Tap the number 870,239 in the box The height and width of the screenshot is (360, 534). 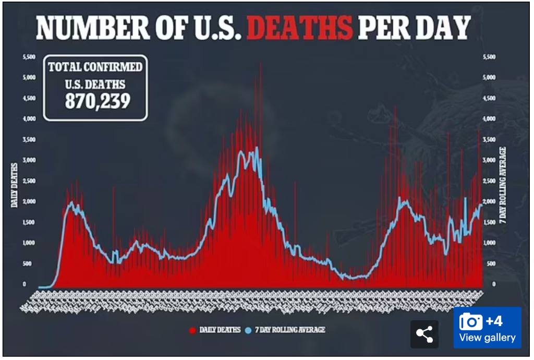[98, 101]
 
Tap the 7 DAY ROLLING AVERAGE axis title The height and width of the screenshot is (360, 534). [504, 185]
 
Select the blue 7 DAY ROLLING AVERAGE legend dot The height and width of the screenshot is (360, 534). [248, 330]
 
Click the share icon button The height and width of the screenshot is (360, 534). [424, 334]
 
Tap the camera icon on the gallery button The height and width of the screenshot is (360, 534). [470, 322]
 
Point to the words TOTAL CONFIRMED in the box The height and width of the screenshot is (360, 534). [94, 68]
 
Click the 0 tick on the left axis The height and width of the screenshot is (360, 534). [24, 284]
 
